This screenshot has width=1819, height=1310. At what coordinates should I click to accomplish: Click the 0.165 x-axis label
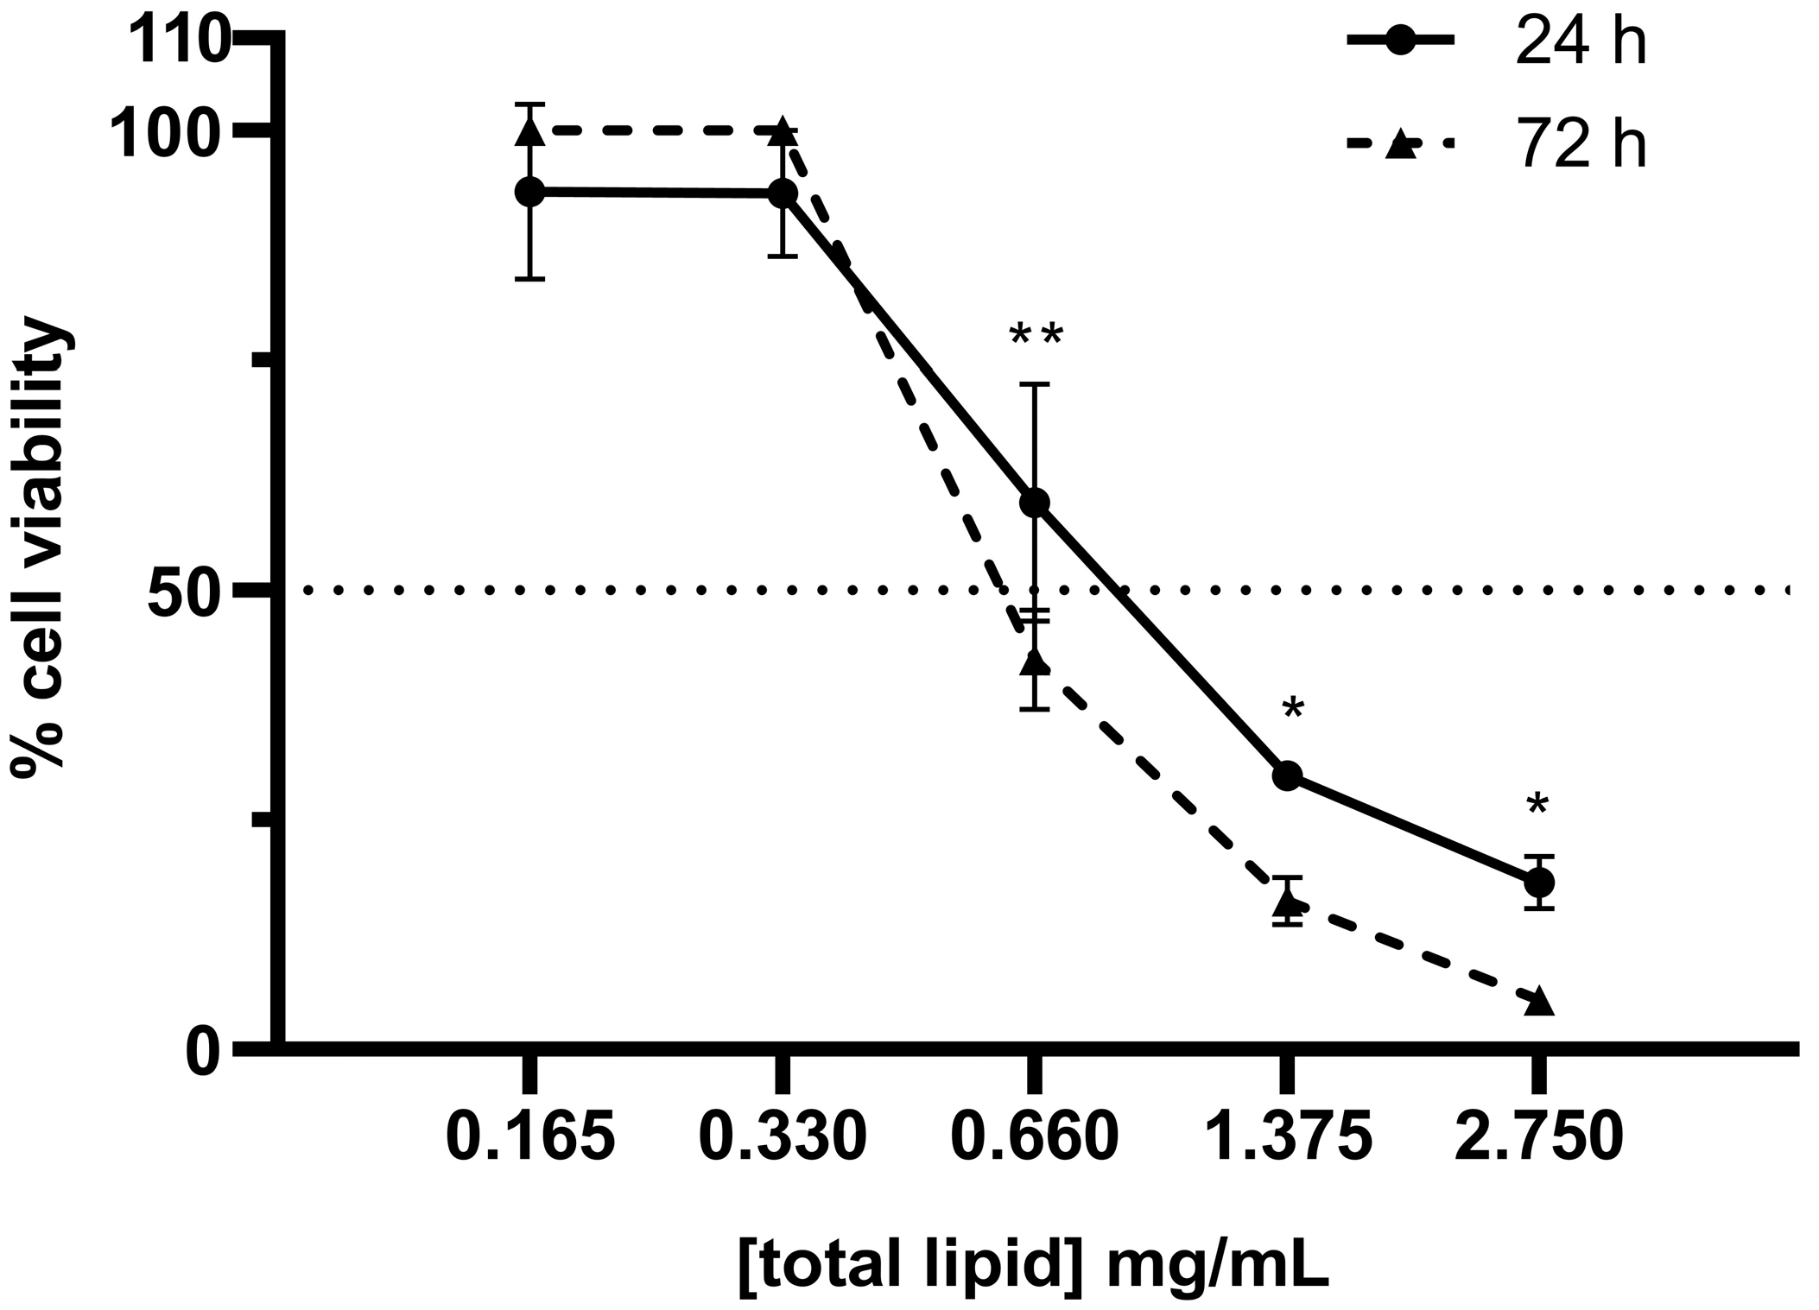click(530, 1137)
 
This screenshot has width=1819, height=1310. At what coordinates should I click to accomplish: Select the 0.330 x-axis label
click(782, 1137)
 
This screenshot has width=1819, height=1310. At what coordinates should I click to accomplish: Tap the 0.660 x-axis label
click(1034, 1137)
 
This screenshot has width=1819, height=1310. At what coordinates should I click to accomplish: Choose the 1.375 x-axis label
click(1287, 1137)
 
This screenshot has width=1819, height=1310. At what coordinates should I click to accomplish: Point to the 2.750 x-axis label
click(1538, 1137)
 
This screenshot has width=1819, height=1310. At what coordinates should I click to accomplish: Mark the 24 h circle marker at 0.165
click(529, 191)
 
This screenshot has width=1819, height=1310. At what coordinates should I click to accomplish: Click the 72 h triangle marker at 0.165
click(529, 132)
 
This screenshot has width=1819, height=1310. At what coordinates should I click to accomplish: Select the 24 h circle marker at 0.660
click(1035, 503)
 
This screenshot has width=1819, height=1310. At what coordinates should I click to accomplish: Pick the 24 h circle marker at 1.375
click(1287, 775)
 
